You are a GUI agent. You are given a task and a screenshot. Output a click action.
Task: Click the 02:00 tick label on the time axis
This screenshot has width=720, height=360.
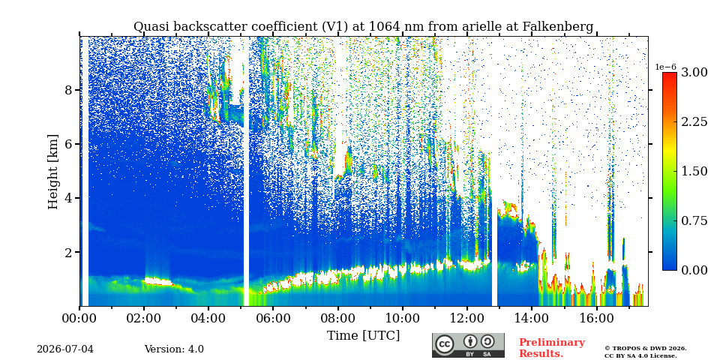click(x=144, y=318)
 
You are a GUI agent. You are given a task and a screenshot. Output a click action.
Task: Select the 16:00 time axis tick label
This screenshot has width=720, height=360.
click(x=596, y=318)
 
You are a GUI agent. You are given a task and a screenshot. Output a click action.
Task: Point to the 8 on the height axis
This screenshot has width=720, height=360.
click(x=68, y=90)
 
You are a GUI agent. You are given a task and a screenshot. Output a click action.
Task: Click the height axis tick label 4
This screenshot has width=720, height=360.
click(x=68, y=198)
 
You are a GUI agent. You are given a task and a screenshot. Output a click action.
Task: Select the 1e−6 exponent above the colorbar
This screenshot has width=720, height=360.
click(x=665, y=67)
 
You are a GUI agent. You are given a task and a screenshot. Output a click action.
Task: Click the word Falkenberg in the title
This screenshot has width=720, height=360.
click(x=558, y=27)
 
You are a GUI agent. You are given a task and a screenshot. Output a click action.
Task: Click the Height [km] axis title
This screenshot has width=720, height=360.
click(x=53, y=172)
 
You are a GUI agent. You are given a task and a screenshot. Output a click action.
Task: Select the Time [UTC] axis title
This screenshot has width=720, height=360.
click(x=363, y=336)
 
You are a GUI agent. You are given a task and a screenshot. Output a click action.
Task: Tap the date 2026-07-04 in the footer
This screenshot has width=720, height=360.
click(x=65, y=349)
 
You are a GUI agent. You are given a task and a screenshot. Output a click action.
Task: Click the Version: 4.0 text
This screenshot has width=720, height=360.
click(x=174, y=349)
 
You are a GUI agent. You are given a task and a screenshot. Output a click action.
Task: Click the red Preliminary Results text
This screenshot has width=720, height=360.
click(x=552, y=348)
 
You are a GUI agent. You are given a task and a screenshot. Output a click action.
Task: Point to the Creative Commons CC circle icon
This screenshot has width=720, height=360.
click(x=445, y=344)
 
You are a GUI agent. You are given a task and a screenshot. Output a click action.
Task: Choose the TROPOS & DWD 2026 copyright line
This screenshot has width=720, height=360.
click(x=646, y=349)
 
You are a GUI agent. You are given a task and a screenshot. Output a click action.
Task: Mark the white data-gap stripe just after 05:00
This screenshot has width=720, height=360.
click(x=246, y=171)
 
